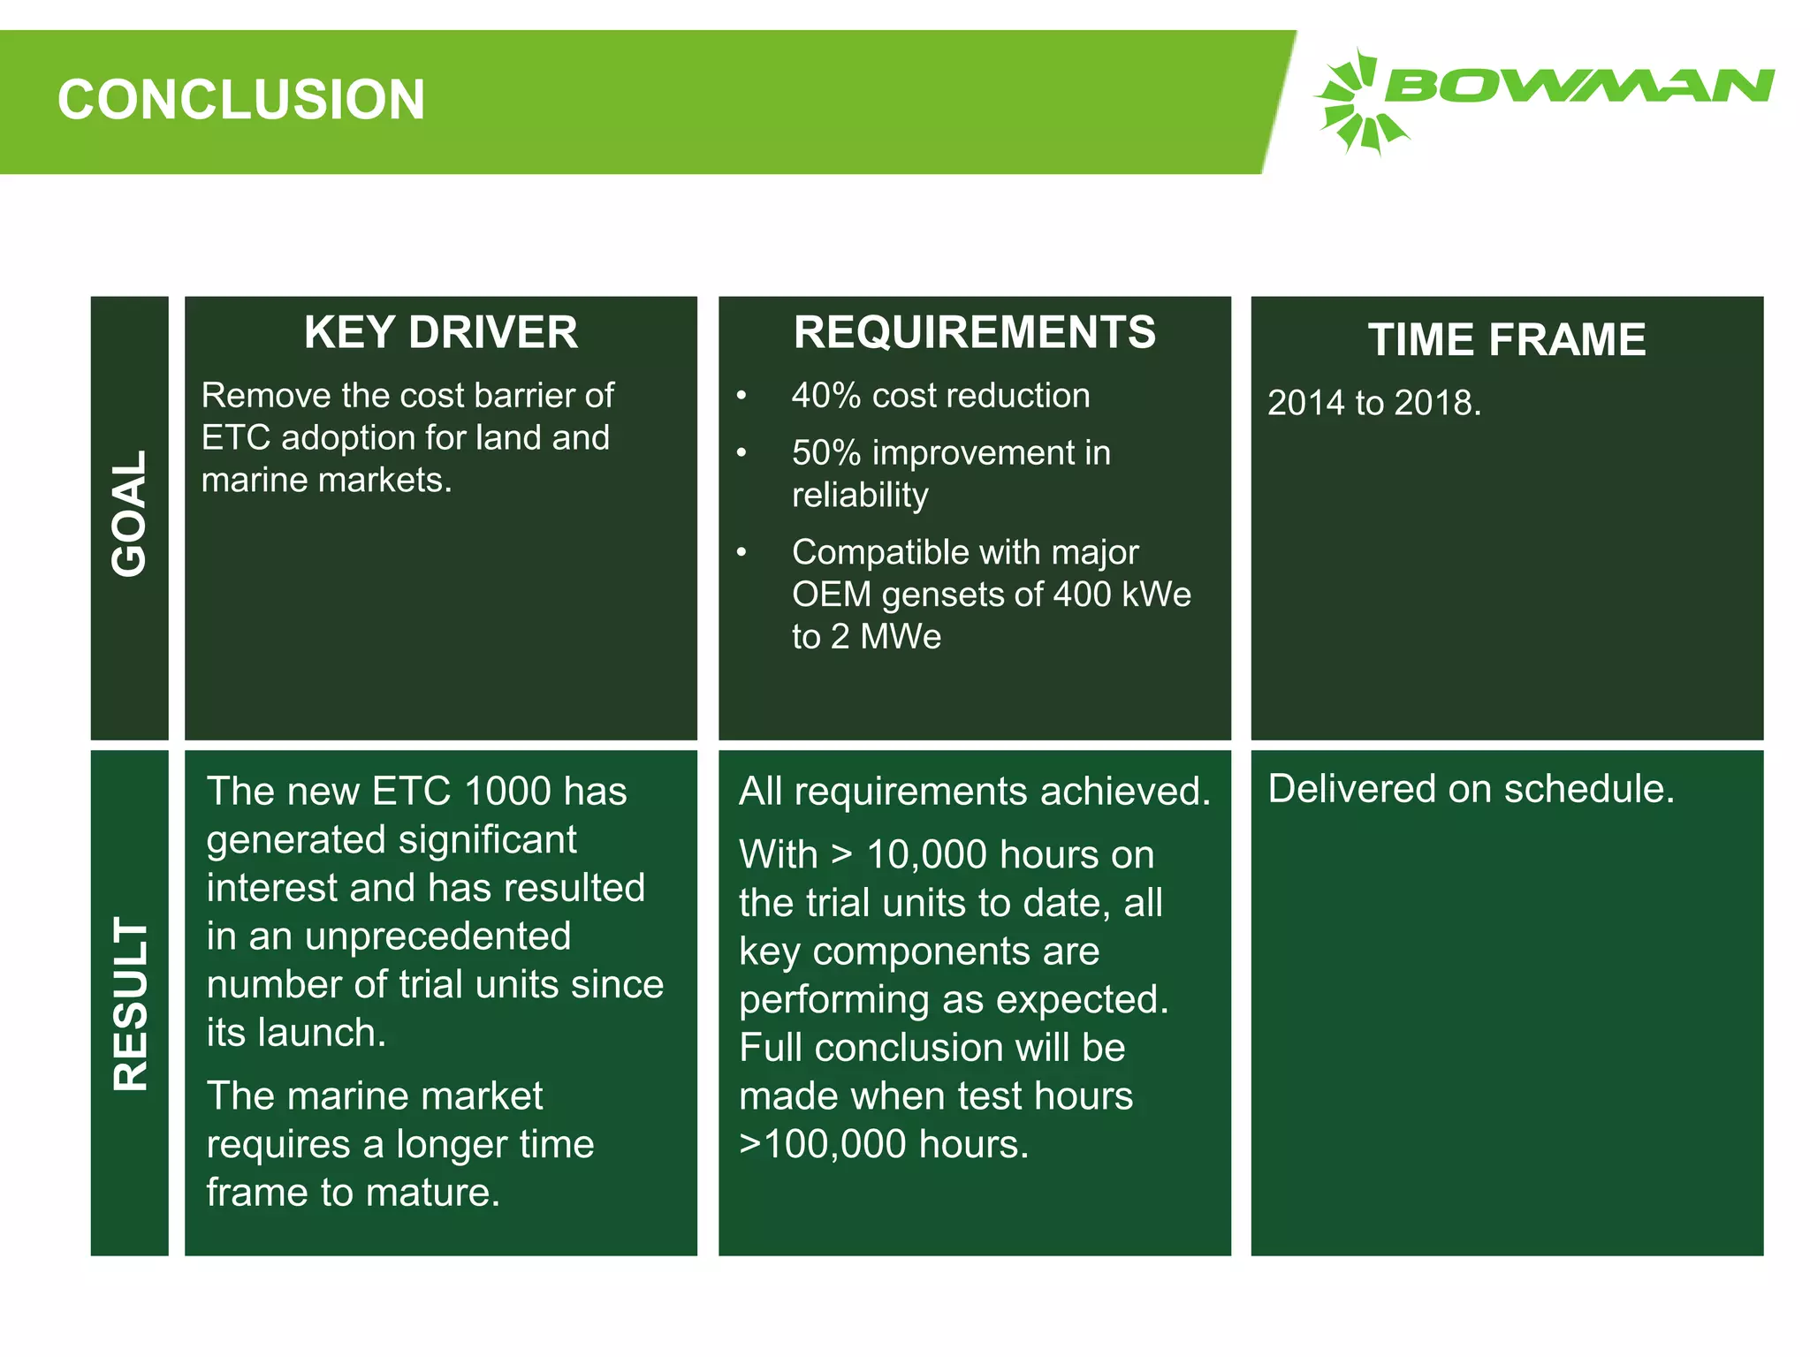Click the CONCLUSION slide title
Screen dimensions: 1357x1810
click(x=241, y=99)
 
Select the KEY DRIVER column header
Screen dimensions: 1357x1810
click(x=440, y=333)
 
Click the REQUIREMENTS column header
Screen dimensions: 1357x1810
click(x=974, y=333)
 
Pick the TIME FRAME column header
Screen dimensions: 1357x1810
click(x=1507, y=339)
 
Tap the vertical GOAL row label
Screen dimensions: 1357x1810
click(x=129, y=513)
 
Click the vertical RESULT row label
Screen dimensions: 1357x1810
click(x=130, y=1003)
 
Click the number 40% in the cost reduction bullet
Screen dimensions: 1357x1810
click(x=825, y=396)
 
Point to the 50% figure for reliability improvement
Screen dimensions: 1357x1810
click(x=825, y=453)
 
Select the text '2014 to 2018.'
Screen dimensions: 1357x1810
click(x=1373, y=403)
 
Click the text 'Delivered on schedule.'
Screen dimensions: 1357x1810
click(x=1471, y=789)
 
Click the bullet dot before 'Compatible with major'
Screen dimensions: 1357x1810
click(x=741, y=553)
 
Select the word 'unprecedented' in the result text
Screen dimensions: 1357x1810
click(x=437, y=936)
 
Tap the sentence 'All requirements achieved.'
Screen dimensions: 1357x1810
click(x=974, y=792)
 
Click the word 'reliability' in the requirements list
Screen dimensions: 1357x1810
click(x=860, y=495)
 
